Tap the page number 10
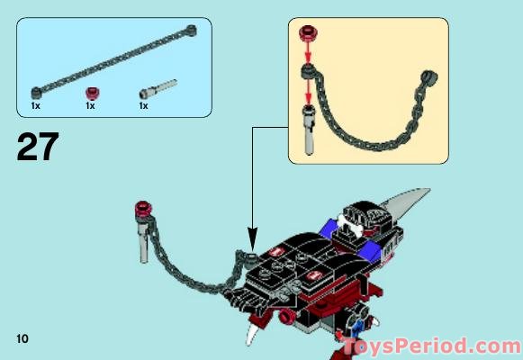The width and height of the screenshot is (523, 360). coord(23,337)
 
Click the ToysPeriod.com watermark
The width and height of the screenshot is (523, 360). coord(430,346)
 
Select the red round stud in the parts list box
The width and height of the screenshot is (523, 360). coord(90,92)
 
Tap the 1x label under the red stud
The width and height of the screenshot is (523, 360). coord(90,106)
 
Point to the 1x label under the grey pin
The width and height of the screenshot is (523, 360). coord(143,106)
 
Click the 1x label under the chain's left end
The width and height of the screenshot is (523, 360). coord(35,106)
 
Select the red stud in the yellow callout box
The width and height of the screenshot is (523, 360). coord(309,35)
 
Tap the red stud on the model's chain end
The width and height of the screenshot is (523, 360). coord(140,211)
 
